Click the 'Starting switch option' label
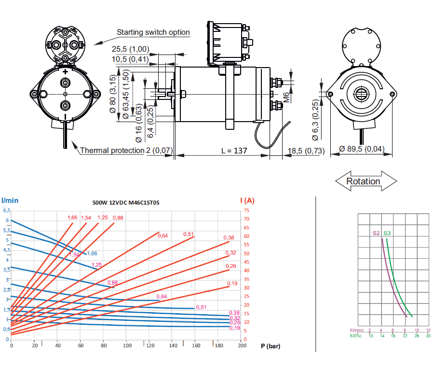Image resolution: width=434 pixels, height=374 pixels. click(x=153, y=32)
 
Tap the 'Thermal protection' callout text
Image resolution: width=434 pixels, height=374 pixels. click(x=112, y=150)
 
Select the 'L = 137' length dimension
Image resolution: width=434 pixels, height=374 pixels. click(x=234, y=151)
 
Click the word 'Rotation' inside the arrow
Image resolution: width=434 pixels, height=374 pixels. click(x=363, y=181)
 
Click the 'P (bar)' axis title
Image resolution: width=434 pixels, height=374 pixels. click(x=271, y=346)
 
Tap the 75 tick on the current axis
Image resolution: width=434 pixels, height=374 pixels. click(x=247, y=210)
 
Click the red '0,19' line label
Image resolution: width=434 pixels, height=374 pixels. click(x=232, y=283)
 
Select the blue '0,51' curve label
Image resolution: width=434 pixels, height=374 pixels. click(x=201, y=307)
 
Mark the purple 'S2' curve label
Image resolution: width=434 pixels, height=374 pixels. click(x=377, y=233)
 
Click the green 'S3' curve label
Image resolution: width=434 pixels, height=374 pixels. click(x=387, y=233)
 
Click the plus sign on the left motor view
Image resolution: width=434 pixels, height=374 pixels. click(x=65, y=72)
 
